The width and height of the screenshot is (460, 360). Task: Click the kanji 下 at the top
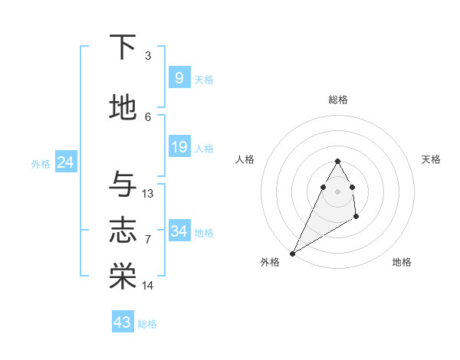(x=123, y=47)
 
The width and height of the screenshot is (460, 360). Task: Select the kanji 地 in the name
(x=123, y=109)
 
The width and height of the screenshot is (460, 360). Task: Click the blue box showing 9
(x=179, y=78)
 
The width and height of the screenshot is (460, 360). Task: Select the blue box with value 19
(x=179, y=147)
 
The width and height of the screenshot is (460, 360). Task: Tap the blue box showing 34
(x=179, y=231)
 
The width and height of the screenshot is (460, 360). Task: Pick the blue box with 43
(x=123, y=322)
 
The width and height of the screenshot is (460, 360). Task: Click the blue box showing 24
(x=66, y=162)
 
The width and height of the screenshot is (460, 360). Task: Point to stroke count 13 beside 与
(x=148, y=194)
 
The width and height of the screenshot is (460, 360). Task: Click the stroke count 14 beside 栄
(x=148, y=286)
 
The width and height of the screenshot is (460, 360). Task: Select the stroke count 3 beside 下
(x=148, y=56)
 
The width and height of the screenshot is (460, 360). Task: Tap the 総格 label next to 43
(x=147, y=324)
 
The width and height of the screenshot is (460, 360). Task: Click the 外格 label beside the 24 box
(x=41, y=163)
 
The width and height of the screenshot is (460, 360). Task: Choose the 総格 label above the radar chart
(x=337, y=100)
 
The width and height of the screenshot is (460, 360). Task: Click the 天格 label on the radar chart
(x=431, y=159)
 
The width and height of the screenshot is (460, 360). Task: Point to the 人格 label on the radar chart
(x=245, y=159)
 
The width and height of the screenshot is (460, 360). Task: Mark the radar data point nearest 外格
(x=292, y=253)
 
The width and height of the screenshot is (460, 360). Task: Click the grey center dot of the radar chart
(x=337, y=191)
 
